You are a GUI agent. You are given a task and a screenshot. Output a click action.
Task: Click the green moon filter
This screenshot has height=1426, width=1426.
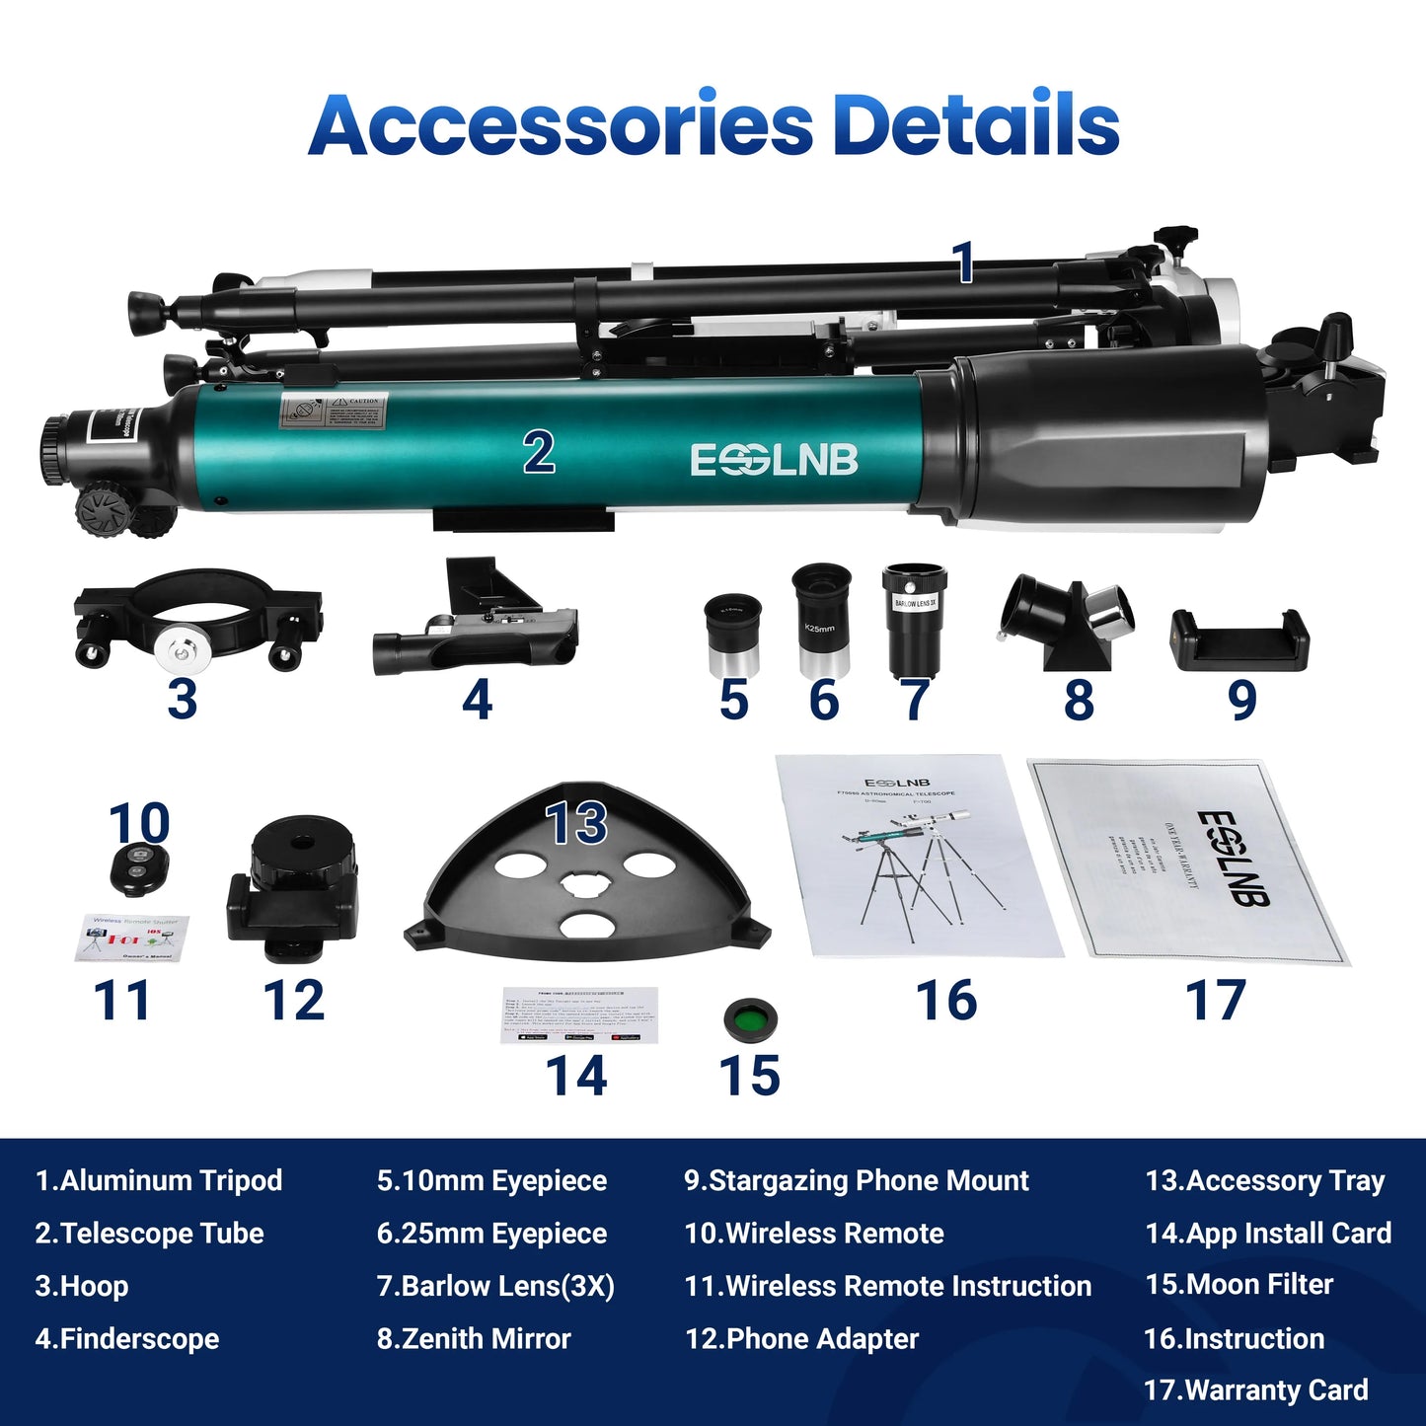tap(750, 1019)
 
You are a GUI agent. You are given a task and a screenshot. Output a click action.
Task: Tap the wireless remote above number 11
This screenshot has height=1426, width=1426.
tap(138, 869)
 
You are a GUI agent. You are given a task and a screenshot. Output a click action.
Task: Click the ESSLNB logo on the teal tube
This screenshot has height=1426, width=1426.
tap(774, 460)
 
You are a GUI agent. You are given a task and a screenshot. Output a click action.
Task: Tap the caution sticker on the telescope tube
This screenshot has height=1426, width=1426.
tap(335, 410)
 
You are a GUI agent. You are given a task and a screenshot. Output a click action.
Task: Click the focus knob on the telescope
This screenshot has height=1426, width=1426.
tap(104, 508)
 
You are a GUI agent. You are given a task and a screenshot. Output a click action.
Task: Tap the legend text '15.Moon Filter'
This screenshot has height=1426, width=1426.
tap(1238, 1285)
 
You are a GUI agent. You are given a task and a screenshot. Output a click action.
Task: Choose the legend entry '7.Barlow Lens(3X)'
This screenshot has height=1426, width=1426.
tap(495, 1286)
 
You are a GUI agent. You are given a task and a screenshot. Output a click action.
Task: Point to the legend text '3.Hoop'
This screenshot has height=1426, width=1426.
tap(82, 1286)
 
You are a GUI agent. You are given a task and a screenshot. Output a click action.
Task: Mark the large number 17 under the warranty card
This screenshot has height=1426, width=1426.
tap(1215, 1001)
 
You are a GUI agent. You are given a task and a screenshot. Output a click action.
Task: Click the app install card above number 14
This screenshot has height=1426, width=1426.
tap(579, 1014)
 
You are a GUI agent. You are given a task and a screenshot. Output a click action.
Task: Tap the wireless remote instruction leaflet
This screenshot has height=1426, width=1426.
tap(131, 938)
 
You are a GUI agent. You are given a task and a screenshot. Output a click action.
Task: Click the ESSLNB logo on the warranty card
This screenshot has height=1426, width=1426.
tap(1234, 858)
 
